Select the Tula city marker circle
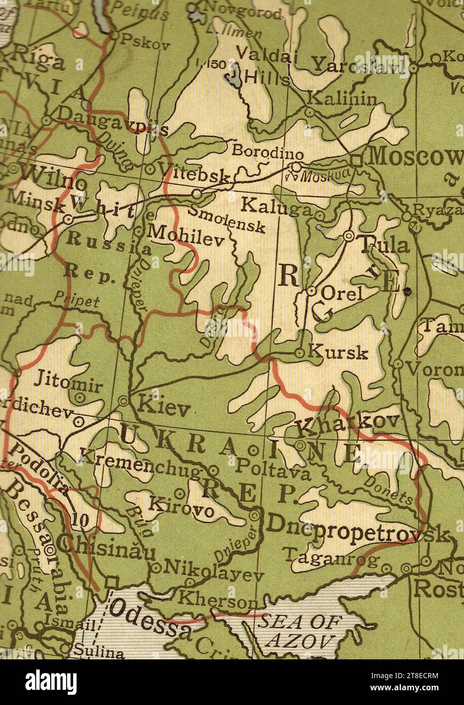348,236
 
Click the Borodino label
268,152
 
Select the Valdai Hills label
266,66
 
